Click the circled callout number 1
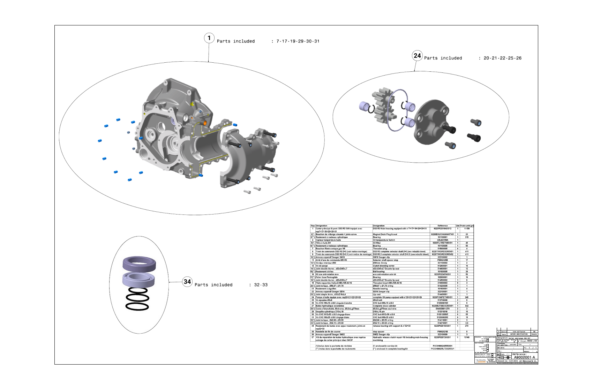pyautogui.click(x=209, y=38)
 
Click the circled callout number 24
pyautogui.click(x=417, y=55)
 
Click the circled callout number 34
pyautogui.click(x=187, y=282)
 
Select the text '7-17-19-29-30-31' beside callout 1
pyautogui.click(x=298, y=41)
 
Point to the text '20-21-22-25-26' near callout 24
pyautogui.click(x=502, y=58)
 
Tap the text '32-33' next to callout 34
pyautogui.click(x=261, y=285)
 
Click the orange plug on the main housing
pyautogui.click(x=205, y=123)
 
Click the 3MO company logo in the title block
pyautogui.click(x=480, y=361)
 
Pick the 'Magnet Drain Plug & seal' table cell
pyautogui.click(x=385, y=234)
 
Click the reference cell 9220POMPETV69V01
pyautogui.click(x=442, y=297)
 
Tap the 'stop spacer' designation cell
pyautogui.click(x=380, y=331)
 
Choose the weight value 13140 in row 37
pyautogui.click(x=467, y=337)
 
